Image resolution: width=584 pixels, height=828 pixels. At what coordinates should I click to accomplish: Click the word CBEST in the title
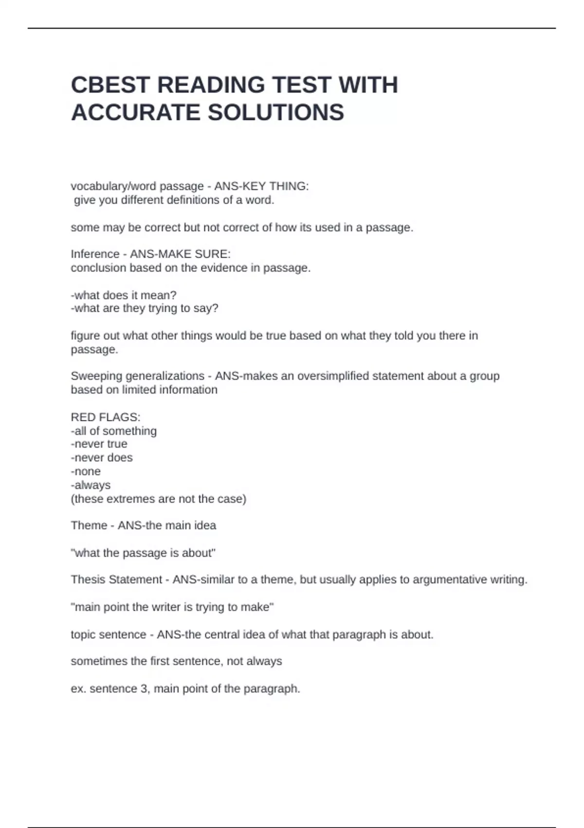pyautogui.click(x=110, y=85)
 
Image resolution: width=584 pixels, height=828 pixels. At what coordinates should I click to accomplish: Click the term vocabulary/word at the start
pyautogui.click(x=107, y=187)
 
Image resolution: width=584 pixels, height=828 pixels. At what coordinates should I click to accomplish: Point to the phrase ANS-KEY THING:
pyautogui.click(x=261, y=187)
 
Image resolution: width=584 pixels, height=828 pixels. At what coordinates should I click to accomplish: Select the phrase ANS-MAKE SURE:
pyautogui.click(x=180, y=254)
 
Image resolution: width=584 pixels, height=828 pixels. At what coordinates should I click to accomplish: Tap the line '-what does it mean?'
pyautogui.click(x=124, y=295)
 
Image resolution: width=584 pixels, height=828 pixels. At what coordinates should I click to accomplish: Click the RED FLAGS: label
pyautogui.click(x=106, y=417)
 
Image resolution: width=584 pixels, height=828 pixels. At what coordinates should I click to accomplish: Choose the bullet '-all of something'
pyautogui.click(x=114, y=431)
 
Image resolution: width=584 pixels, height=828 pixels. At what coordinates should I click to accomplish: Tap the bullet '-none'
pyautogui.click(x=86, y=471)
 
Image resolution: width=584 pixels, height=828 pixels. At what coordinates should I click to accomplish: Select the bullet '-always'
pyautogui.click(x=91, y=485)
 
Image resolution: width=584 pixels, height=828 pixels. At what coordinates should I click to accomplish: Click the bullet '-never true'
pyautogui.click(x=99, y=444)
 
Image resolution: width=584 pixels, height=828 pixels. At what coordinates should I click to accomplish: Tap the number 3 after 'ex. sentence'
pyautogui.click(x=145, y=689)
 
